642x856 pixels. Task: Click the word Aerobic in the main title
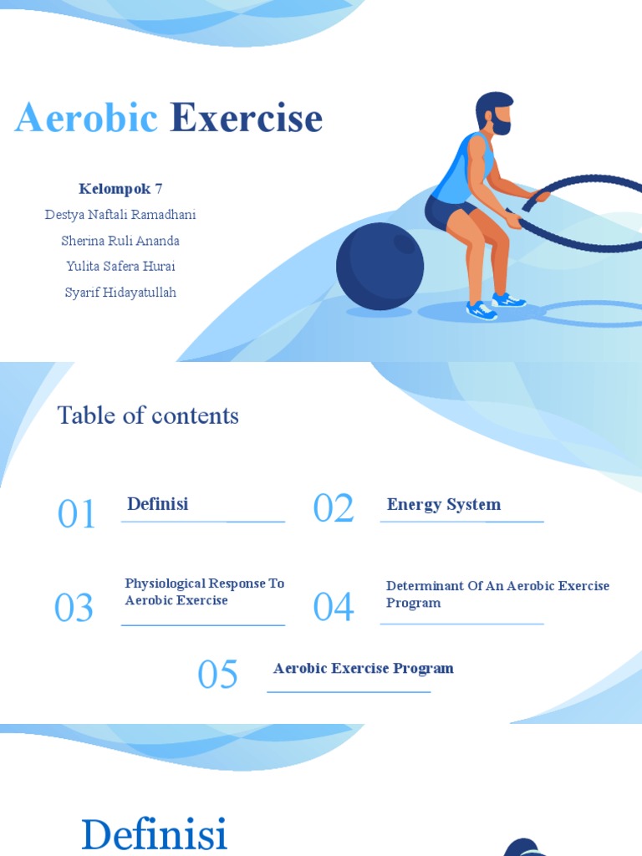(x=86, y=118)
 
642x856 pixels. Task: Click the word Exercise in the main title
(x=246, y=118)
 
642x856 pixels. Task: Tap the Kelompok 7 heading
(x=120, y=188)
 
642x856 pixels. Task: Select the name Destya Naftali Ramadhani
(x=120, y=215)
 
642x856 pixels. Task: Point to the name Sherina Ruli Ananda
(x=120, y=241)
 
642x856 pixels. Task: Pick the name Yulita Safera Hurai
(x=120, y=267)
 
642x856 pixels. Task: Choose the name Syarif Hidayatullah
(x=120, y=293)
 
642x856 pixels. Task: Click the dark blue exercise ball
(x=380, y=266)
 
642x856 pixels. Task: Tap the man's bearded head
(x=494, y=112)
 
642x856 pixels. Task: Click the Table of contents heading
(x=148, y=415)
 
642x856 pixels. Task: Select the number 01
(x=77, y=514)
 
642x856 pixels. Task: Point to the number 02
(x=334, y=508)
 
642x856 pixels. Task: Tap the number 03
(x=74, y=608)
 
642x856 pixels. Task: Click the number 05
(x=217, y=675)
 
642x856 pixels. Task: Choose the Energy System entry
(x=444, y=504)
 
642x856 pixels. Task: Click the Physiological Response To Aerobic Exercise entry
(x=205, y=592)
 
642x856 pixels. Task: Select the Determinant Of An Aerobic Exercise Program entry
(x=497, y=594)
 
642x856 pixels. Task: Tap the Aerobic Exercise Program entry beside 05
(x=363, y=668)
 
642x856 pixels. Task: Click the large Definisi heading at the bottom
(x=155, y=834)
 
